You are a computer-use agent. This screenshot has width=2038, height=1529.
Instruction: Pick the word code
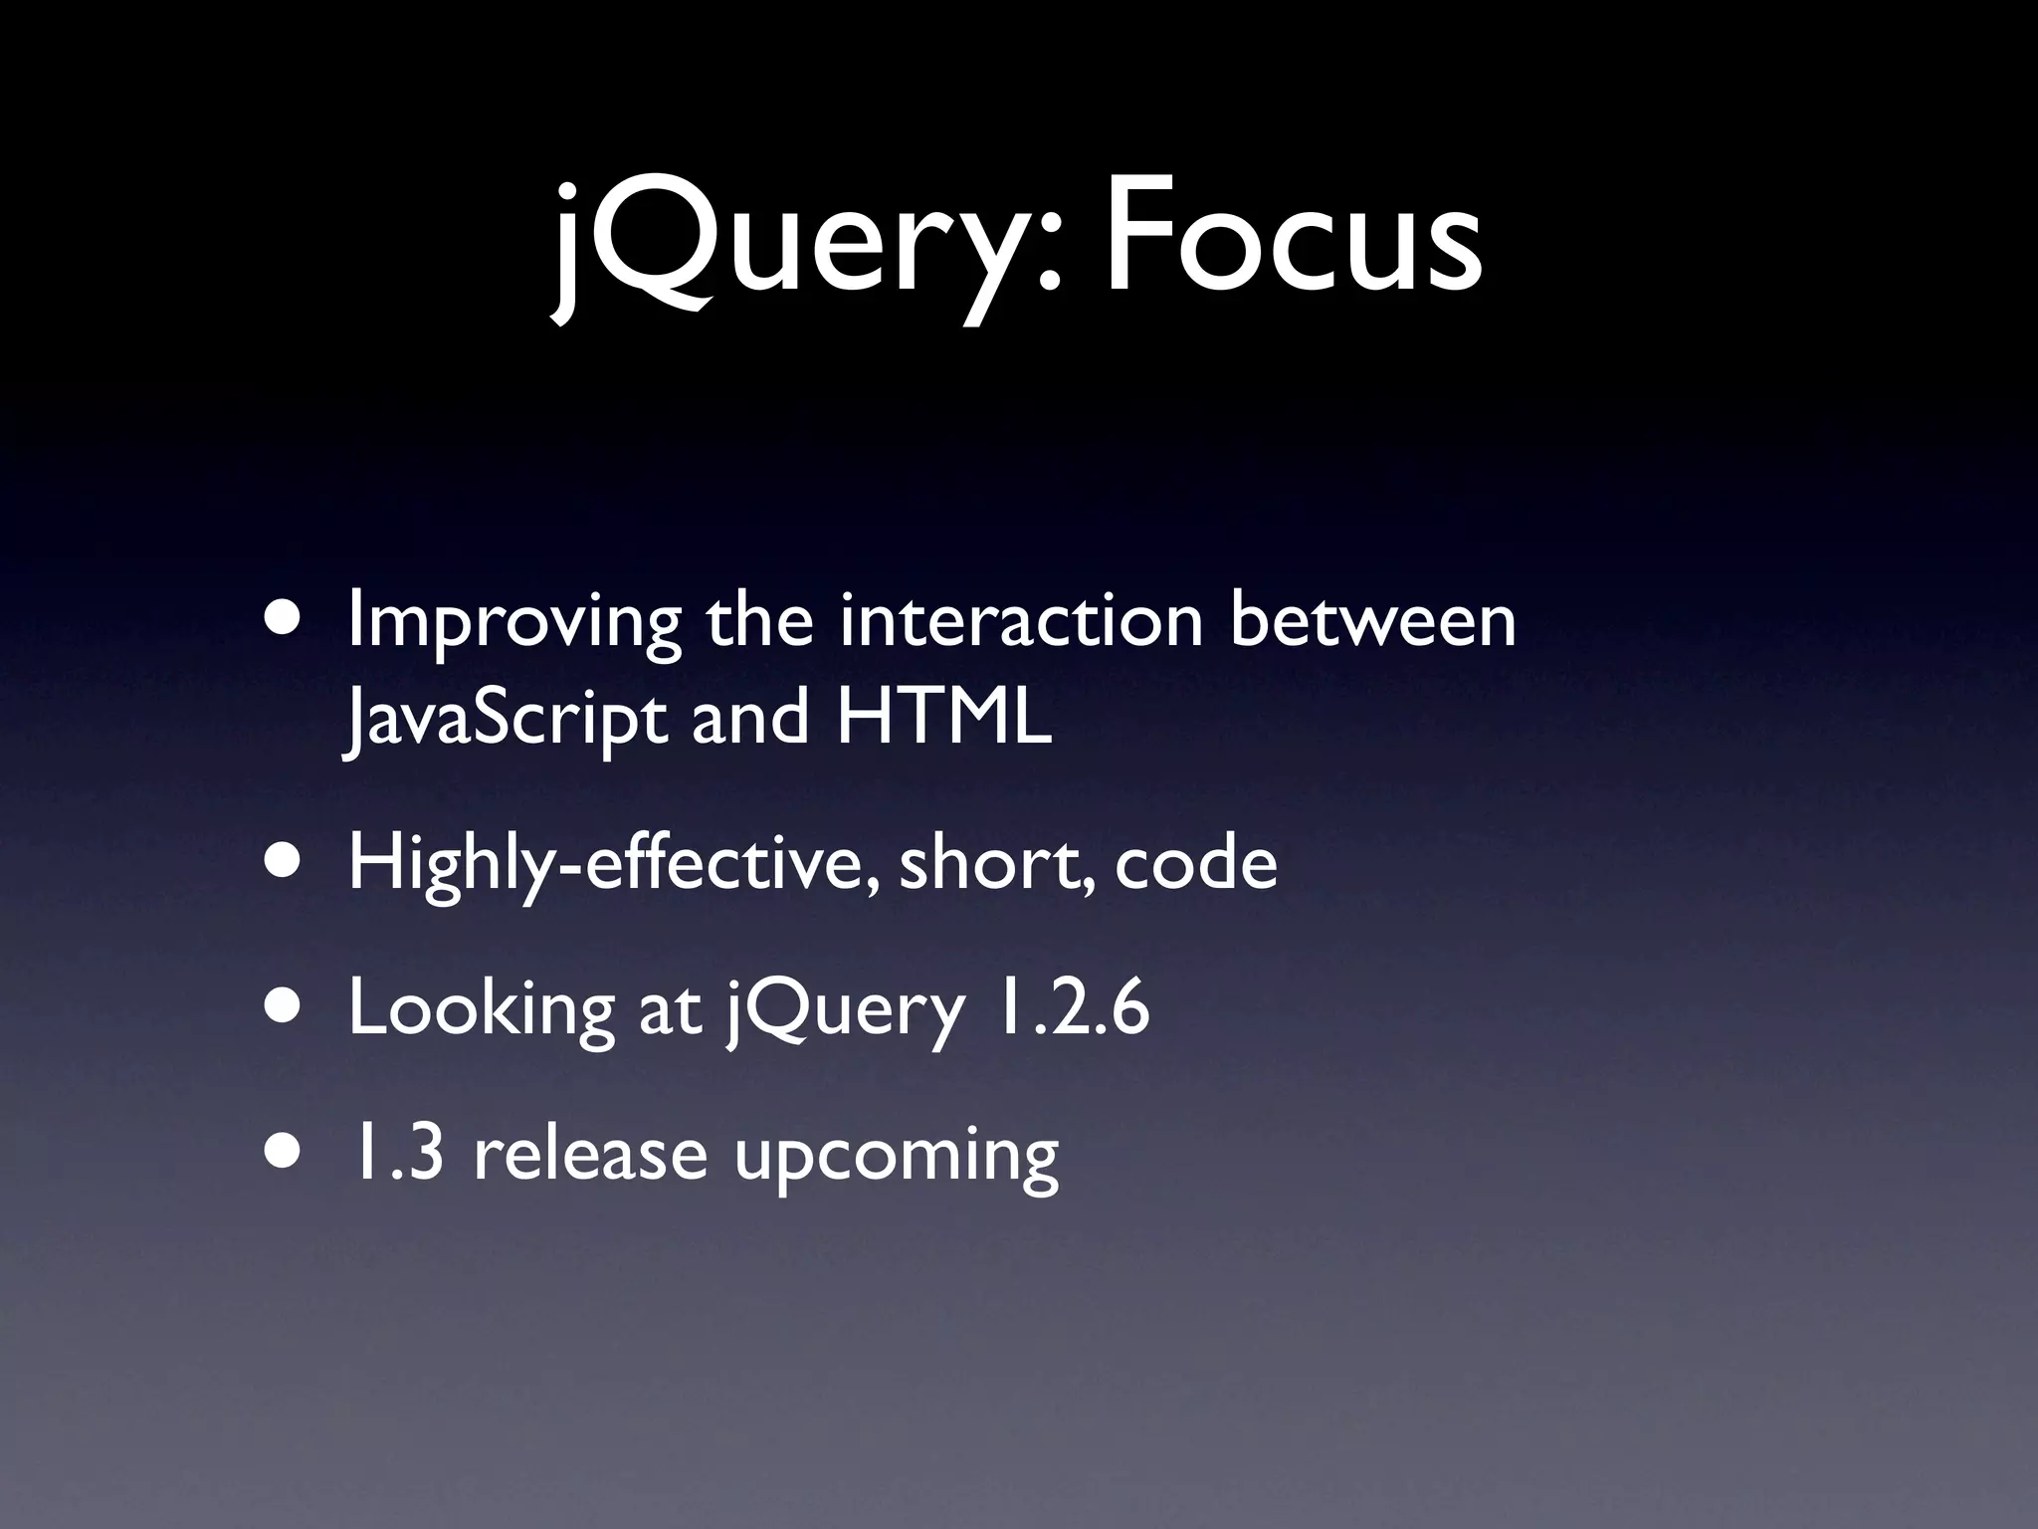tap(1195, 864)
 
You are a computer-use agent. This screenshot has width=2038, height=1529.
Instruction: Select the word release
tap(589, 1155)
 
